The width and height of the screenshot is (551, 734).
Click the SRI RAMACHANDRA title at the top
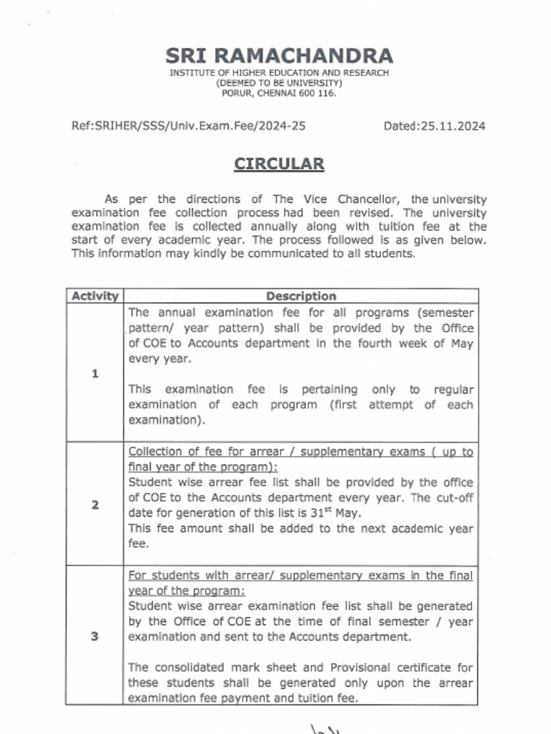279,56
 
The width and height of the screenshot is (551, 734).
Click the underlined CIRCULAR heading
279,164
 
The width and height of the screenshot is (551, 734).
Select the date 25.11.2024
453,126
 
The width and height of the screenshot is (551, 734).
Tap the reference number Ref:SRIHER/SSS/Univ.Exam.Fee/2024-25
189,126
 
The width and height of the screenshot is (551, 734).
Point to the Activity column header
94,296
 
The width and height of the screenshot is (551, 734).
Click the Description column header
301,296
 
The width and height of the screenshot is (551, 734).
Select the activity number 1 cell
95,373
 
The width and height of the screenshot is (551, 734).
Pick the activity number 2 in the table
95,505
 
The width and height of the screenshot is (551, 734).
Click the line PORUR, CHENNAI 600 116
279,93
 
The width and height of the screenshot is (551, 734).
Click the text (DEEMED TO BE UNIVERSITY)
279,83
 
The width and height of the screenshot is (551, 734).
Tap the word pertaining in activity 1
329,389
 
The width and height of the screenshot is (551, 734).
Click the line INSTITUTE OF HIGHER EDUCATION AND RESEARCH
279,73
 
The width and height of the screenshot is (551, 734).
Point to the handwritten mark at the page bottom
326,728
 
